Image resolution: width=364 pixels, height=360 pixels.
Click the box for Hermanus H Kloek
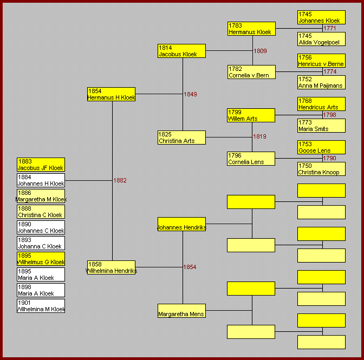click(x=111, y=94)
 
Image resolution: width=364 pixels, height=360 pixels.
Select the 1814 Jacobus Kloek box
click(x=181, y=51)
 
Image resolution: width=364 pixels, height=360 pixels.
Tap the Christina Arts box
click(x=181, y=138)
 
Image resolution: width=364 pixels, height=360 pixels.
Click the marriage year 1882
click(x=120, y=180)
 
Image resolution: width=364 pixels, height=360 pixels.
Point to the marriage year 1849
click(x=190, y=94)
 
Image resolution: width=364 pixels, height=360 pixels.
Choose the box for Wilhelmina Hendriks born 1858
click(x=111, y=267)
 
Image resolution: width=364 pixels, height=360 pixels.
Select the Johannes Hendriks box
click(x=181, y=224)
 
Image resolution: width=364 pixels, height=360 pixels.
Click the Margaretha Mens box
click(x=181, y=311)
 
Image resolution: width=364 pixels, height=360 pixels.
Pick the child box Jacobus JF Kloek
click(x=41, y=165)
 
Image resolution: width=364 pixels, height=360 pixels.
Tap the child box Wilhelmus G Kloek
click(x=41, y=259)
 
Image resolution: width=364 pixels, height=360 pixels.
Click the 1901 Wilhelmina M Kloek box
click(x=41, y=306)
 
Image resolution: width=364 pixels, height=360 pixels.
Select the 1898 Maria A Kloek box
click(x=41, y=290)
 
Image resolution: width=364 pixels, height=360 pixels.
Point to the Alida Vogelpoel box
click(x=321, y=39)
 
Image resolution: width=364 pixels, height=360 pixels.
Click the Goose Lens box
click(x=321, y=147)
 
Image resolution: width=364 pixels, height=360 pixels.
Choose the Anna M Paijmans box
click(x=321, y=82)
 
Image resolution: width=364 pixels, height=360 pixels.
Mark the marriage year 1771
click(x=330, y=28)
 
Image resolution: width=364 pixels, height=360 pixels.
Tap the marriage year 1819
click(x=259, y=136)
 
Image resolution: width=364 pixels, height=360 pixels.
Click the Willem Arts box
click(x=251, y=115)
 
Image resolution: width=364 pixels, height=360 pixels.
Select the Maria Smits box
click(x=321, y=126)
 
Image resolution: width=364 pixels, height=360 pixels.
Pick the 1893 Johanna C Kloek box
click(x=41, y=243)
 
